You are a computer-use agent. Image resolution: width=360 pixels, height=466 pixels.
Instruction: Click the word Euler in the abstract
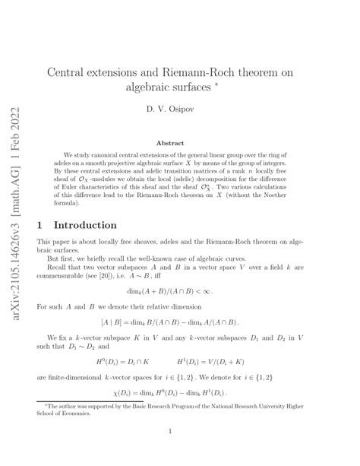pos(72,194)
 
